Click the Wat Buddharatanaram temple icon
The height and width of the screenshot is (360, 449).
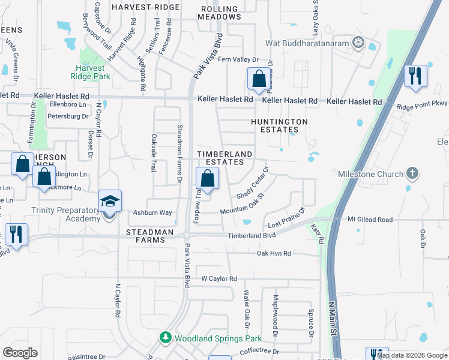point(359,43)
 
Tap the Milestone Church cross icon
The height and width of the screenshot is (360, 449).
point(411,174)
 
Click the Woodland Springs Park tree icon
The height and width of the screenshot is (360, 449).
point(166,338)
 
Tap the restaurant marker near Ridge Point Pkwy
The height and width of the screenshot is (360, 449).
point(415,76)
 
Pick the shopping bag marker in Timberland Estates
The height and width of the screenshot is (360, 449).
point(207,178)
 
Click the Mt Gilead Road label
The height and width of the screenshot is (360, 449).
point(370,220)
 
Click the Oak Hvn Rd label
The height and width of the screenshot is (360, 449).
point(274,254)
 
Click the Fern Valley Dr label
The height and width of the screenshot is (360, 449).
point(238,60)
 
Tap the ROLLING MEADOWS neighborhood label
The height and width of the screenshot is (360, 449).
point(220,13)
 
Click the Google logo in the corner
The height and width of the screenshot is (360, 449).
point(20,352)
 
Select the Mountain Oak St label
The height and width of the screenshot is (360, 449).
point(242,204)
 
